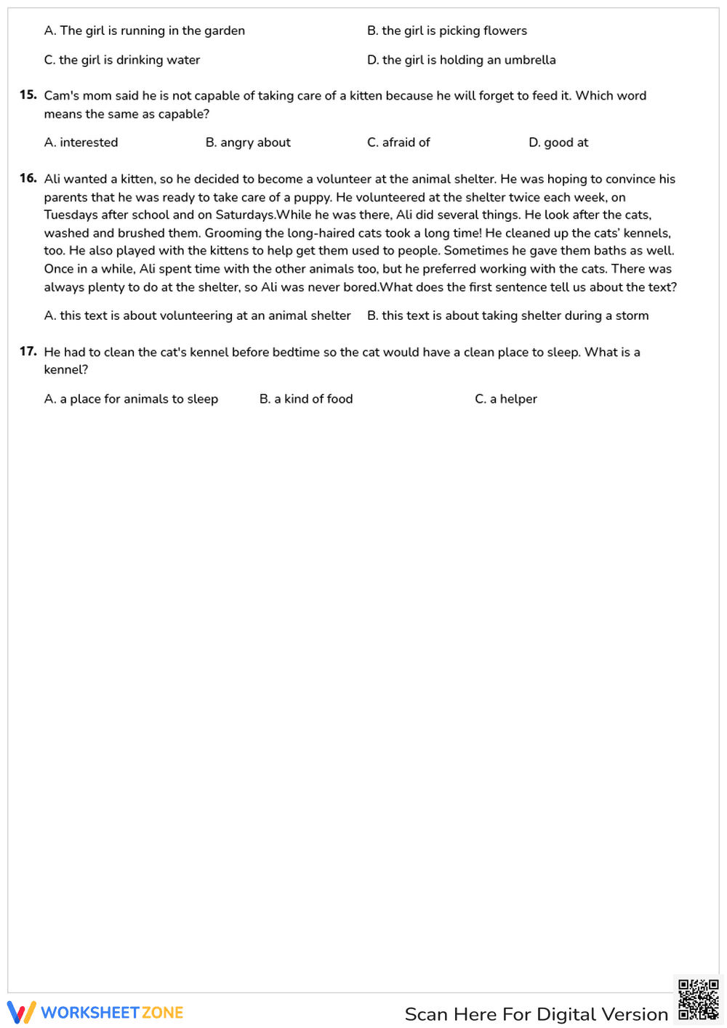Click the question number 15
(x=28, y=95)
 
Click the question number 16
(x=28, y=178)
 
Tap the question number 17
(x=28, y=351)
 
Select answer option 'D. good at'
(x=558, y=142)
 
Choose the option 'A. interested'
(x=81, y=142)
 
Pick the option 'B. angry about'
(x=247, y=142)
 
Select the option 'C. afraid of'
(x=398, y=142)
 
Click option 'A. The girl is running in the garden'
(x=144, y=31)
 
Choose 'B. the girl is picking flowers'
(x=446, y=31)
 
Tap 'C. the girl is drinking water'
(x=121, y=60)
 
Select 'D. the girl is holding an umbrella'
(x=461, y=60)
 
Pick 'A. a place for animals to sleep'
(x=131, y=398)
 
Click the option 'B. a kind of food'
(x=305, y=398)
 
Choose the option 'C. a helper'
(x=505, y=398)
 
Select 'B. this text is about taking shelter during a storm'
(x=507, y=316)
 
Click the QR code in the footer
(x=698, y=1000)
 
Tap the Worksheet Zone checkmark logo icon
(x=21, y=1012)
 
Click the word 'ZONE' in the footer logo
(x=162, y=1013)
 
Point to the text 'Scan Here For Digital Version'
(x=536, y=1014)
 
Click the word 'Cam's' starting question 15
(x=62, y=95)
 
